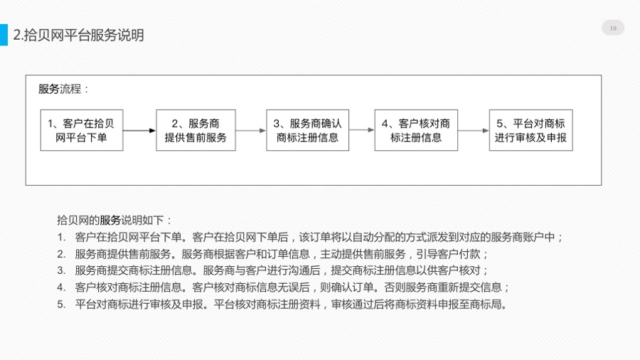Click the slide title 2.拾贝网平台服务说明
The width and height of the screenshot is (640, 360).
tap(78, 35)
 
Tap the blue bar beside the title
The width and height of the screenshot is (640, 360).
tap(4, 35)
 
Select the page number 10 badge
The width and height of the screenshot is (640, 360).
tap(613, 28)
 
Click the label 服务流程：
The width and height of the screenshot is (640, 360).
tap(63, 89)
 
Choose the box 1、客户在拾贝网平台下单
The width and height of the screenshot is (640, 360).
tap(82, 130)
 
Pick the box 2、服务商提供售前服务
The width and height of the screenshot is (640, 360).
tap(196, 130)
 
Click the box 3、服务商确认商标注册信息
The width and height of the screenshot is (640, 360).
tap(307, 130)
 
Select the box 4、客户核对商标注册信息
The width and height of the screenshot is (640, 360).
tap(416, 130)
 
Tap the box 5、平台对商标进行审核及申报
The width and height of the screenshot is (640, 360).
tap(530, 130)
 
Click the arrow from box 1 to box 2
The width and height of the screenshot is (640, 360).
tap(139, 131)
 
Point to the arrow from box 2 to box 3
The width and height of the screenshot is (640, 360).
tap(250, 131)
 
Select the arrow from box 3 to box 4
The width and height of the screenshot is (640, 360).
tap(362, 130)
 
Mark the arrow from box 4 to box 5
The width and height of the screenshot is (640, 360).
tap(473, 131)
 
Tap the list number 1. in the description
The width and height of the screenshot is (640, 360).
tap(61, 237)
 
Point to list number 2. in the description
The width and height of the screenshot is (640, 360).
tap(61, 254)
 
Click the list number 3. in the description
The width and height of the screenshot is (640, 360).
tap(61, 270)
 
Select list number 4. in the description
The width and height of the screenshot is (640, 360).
tap(61, 287)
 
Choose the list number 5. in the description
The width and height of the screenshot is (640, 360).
tap(61, 305)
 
